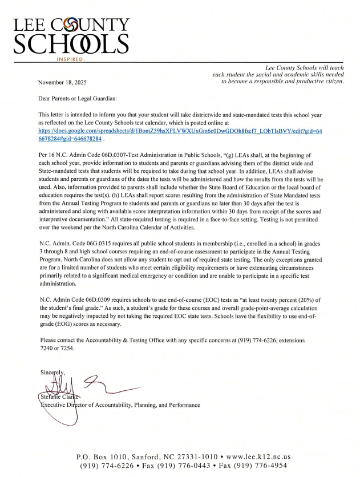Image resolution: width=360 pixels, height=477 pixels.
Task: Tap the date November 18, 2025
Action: click(x=62, y=82)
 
